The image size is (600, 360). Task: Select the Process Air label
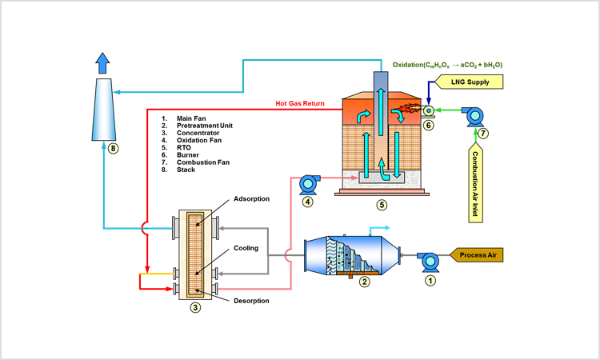point(476,255)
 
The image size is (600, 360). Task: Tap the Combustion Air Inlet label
point(476,182)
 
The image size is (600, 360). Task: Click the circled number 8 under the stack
point(113,148)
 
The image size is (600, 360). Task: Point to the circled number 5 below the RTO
point(382,205)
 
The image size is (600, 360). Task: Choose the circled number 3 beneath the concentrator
point(195,307)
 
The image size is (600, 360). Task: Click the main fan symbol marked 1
point(428,262)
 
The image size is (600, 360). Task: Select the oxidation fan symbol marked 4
point(309,185)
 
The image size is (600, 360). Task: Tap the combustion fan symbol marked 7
point(474,116)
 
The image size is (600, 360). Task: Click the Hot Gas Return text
point(300,103)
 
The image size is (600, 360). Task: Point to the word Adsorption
point(251,199)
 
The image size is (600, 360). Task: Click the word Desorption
point(251,301)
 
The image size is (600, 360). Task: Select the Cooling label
point(246,248)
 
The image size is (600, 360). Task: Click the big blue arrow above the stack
point(102,63)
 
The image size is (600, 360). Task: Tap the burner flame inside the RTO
point(410,109)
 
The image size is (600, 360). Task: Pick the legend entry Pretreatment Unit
point(204,126)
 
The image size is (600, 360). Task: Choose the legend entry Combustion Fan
point(203,162)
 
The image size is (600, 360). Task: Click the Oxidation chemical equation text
point(447,65)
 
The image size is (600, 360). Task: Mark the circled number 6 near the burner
point(428,125)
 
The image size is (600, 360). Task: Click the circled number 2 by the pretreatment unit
point(364,282)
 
